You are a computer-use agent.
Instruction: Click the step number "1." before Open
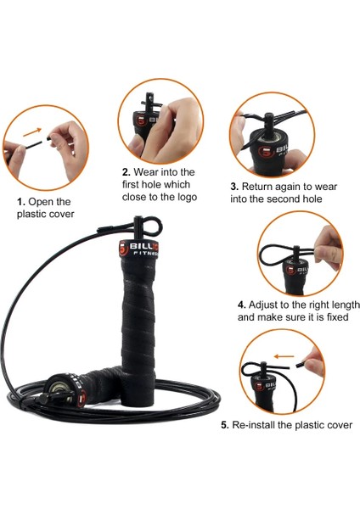21,202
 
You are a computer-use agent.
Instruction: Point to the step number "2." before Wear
127,172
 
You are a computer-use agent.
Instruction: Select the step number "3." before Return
233,186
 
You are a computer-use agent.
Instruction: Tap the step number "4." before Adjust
242,305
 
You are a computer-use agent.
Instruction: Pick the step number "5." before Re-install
224,424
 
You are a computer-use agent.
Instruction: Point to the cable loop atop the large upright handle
153,224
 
